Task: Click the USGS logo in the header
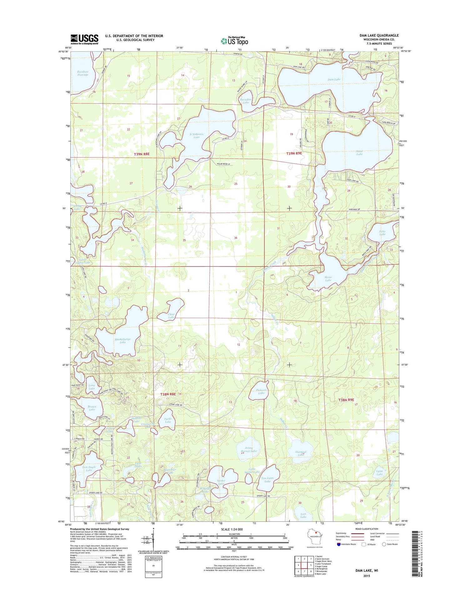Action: [84, 39]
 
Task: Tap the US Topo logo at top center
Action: [234, 41]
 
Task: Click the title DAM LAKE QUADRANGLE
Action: [379, 35]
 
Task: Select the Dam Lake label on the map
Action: [334, 79]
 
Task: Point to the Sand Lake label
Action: [359, 153]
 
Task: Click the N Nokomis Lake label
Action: [196, 136]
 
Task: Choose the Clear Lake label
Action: [171, 316]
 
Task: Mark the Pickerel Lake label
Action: [261, 391]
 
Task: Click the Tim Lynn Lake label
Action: [267, 480]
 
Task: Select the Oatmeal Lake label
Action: [300, 453]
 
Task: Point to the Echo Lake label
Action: [382, 233]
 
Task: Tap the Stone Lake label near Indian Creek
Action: [328, 279]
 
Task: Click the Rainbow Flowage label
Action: [83, 73]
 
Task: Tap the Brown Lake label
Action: [92, 408]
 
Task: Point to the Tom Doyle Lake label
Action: [89, 469]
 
